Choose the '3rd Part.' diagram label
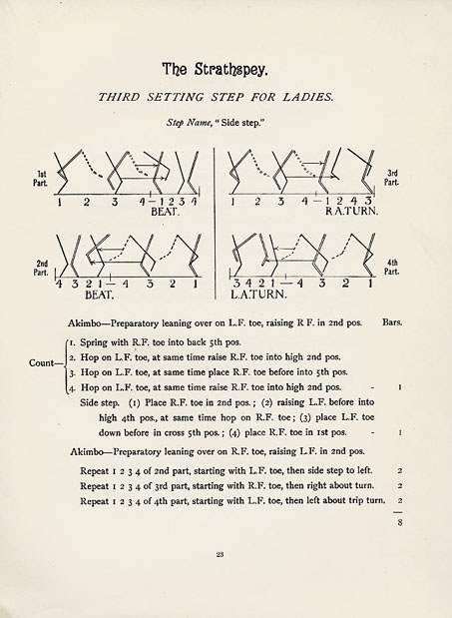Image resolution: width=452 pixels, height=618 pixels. (393, 178)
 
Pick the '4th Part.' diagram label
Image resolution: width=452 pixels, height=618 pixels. (393, 267)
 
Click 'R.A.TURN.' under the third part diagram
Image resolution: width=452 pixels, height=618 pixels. (350, 213)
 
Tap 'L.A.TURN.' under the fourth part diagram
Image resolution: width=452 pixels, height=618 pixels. (259, 296)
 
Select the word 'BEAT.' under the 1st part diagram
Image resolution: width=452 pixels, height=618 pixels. (164, 213)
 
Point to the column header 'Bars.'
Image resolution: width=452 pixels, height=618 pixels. (392, 323)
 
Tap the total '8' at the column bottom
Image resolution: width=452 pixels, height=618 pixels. (398, 521)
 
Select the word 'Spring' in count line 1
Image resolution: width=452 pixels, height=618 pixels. (100, 341)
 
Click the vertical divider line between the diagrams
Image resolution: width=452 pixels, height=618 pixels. (217, 230)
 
